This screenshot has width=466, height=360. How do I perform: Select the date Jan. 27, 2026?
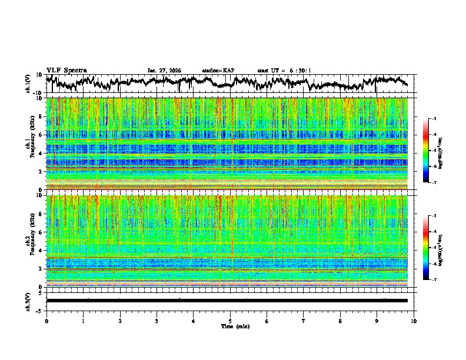(164, 71)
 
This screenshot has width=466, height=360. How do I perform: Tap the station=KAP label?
(218, 71)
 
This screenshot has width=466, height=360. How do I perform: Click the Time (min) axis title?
(235, 326)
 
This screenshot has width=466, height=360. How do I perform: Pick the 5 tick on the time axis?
(230, 321)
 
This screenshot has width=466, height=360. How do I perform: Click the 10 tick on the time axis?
(414, 321)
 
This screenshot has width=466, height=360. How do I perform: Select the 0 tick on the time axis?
(46, 321)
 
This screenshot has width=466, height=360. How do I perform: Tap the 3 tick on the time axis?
(157, 321)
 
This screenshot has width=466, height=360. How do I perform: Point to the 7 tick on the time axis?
(304, 321)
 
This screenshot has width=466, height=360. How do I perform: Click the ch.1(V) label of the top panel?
(29, 84)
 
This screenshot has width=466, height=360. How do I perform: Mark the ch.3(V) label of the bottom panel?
(29, 300)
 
